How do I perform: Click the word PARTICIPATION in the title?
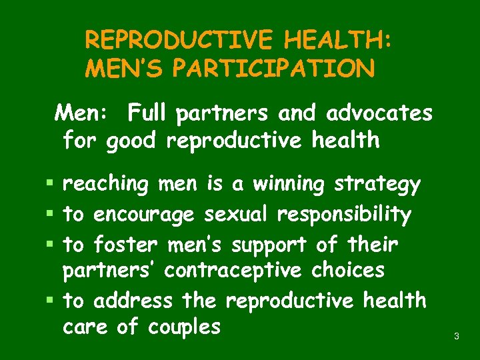[262, 68]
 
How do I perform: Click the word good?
[131, 141]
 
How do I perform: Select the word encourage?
[144, 215]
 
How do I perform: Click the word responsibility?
[344, 215]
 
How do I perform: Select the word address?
[133, 301]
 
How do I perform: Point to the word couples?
[183, 327]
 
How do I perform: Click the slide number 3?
[456, 337]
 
